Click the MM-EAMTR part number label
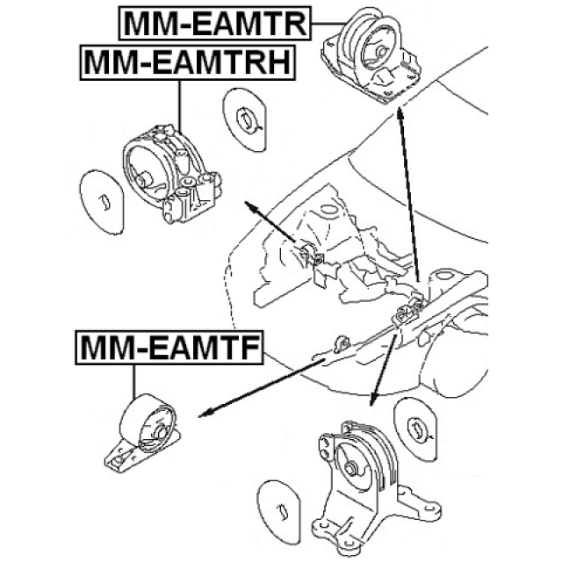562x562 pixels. tap(214, 24)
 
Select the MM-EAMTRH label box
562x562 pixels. tap(186, 63)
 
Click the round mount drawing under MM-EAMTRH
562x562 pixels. tap(171, 171)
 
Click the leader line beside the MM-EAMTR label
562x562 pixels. tap(326, 24)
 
